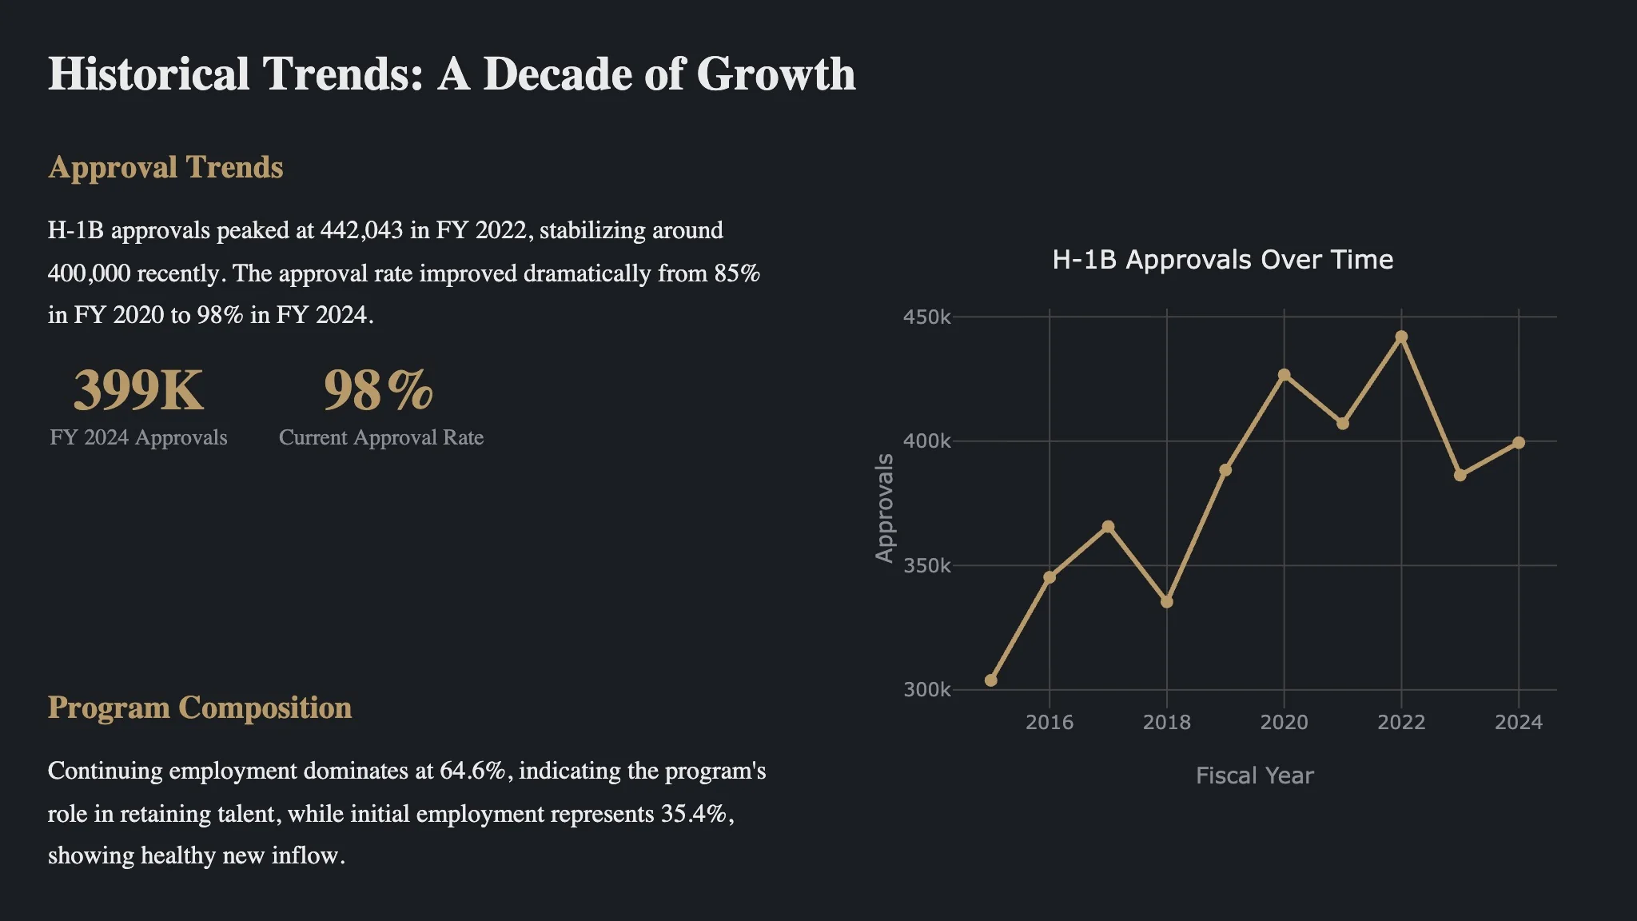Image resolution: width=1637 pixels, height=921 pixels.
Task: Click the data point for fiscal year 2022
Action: (x=1401, y=337)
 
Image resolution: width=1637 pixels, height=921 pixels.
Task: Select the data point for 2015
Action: (x=991, y=680)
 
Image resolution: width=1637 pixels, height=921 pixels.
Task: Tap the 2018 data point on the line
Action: (x=1167, y=602)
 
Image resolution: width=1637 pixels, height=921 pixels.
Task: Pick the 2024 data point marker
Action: (x=1519, y=443)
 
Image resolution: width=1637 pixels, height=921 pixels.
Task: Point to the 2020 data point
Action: (x=1285, y=375)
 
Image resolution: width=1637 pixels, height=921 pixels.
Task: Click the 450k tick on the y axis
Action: (x=927, y=317)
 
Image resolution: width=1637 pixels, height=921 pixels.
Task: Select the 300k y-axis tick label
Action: (x=927, y=690)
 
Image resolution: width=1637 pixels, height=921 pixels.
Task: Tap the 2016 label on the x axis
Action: (x=1050, y=723)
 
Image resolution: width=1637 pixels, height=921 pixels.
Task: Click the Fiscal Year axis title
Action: (x=1254, y=775)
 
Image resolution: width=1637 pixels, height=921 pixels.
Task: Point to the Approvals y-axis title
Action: (x=884, y=508)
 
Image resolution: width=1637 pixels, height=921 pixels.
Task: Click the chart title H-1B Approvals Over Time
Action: (x=1222, y=260)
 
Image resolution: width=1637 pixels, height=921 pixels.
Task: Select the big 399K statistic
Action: (x=138, y=391)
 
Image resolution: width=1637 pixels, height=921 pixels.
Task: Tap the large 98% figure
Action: (x=379, y=391)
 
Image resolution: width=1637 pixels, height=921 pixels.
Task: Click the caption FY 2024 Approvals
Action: (x=138, y=437)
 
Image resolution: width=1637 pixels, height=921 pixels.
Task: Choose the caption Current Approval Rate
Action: (x=381, y=437)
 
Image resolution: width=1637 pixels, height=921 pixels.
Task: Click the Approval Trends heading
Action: (x=165, y=168)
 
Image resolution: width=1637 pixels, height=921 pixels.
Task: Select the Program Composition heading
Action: (x=200, y=708)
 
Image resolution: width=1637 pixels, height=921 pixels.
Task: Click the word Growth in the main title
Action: (x=775, y=74)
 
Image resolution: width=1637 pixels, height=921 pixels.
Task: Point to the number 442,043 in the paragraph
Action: (x=361, y=231)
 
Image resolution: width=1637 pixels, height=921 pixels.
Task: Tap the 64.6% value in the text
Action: (x=472, y=771)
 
